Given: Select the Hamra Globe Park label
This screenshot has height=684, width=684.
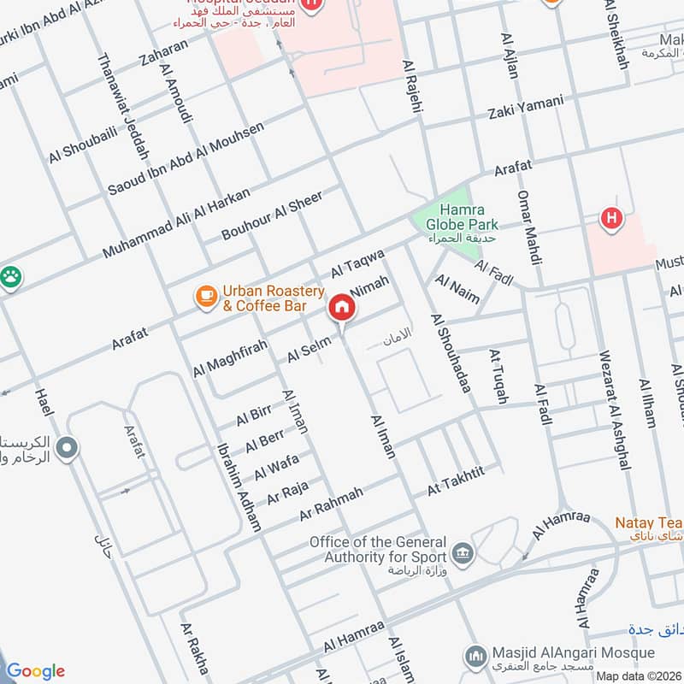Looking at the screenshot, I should (x=462, y=217).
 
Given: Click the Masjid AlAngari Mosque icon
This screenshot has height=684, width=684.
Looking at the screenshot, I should (x=476, y=657).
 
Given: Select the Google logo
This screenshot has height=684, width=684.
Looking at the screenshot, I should (x=35, y=670).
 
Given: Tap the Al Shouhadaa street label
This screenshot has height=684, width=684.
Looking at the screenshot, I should (x=451, y=354).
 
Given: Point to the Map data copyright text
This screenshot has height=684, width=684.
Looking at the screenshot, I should (x=638, y=675).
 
